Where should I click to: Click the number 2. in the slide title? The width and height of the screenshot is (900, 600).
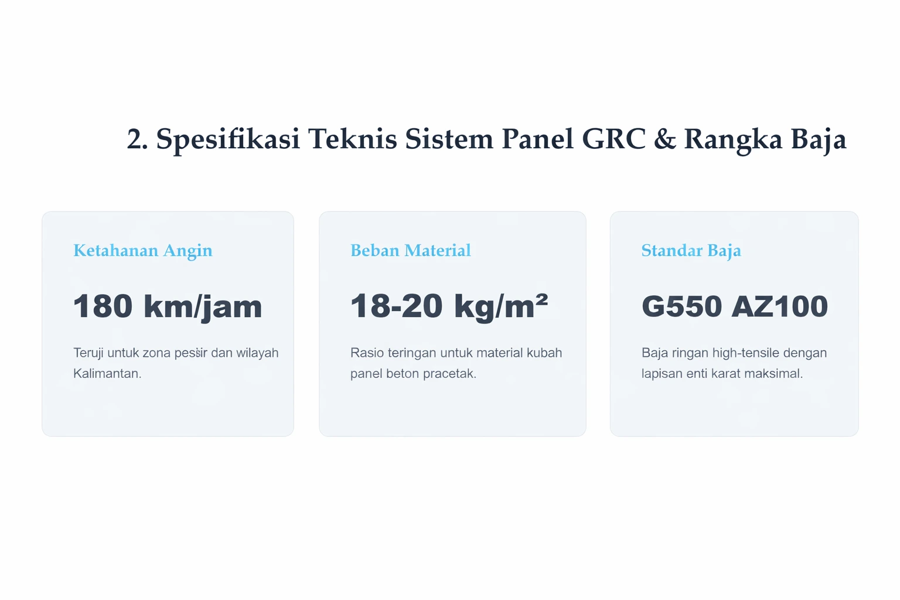[x=137, y=139]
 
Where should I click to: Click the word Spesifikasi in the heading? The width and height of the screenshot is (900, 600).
[x=227, y=139]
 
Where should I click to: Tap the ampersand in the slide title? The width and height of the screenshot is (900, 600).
[x=664, y=139]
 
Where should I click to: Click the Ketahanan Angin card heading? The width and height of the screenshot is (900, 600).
[x=142, y=251]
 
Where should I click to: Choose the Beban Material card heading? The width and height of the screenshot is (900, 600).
[x=410, y=251]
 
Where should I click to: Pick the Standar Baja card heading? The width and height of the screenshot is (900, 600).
[x=691, y=251]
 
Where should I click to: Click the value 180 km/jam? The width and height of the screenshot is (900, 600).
[x=167, y=306]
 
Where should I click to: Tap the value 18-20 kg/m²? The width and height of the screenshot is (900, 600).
[x=449, y=306]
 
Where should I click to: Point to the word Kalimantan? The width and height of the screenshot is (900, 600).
[x=107, y=373]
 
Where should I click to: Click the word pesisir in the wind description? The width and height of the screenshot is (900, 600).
[x=192, y=353]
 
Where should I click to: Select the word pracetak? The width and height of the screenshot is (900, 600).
[x=449, y=373]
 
